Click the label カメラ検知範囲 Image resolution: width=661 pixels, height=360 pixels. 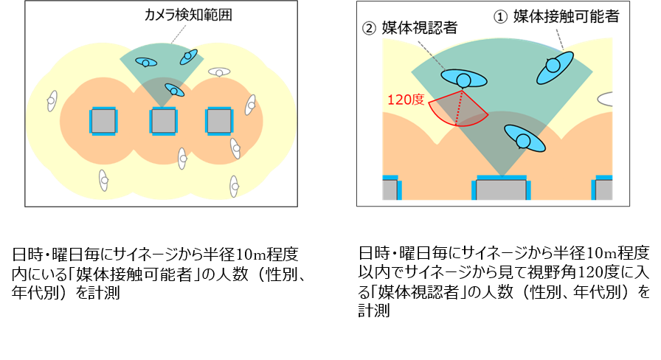coord(188,15)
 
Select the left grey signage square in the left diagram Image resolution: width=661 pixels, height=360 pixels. coord(103,122)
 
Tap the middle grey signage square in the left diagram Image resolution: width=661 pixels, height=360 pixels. coord(164,122)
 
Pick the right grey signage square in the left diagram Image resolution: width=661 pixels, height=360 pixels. coord(219,122)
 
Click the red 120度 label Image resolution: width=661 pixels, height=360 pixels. coord(406,100)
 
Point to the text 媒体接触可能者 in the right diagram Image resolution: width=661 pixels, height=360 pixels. coord(566,16)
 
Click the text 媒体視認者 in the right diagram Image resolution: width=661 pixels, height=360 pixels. coord(420,28)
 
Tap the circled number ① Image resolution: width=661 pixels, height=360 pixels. coord(500,17)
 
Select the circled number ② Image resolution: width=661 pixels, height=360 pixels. coord(369,29)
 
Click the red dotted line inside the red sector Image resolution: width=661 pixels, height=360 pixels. coord(459,108)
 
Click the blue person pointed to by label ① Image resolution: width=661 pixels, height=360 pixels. coord(555,67)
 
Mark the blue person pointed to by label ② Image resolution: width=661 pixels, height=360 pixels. coord(464,78)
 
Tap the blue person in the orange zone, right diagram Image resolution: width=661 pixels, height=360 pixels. coord(525,138)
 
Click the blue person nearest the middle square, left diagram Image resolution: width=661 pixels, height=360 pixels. coord(174,90)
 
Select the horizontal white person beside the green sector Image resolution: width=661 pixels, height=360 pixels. coord(219,72)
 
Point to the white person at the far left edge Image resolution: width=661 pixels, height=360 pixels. coord(52,101)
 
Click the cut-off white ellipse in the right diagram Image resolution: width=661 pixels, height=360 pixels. coord(605,100)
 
